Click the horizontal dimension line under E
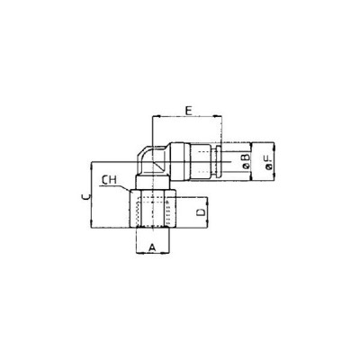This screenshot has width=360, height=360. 187,118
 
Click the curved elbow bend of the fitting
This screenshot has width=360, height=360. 145,153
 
